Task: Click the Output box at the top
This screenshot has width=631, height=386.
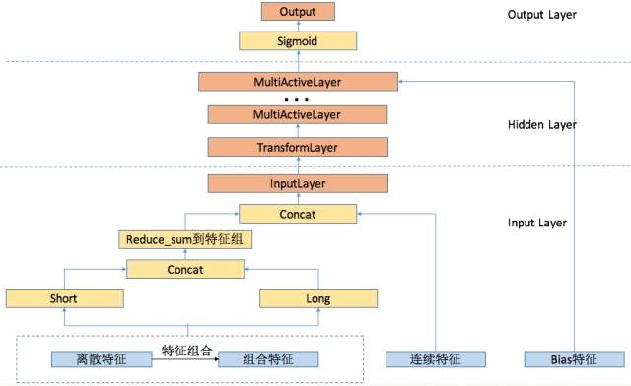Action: (298, 13)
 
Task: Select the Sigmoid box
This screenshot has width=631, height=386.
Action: (298, 41)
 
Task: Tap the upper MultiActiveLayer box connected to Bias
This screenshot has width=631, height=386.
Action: (298, 82)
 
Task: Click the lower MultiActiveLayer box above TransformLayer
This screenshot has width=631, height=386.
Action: (298, 115)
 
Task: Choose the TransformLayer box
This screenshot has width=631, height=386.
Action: (298, 147)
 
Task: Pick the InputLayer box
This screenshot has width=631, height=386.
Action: (298, 183)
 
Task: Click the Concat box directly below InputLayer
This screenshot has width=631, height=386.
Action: (298, 213)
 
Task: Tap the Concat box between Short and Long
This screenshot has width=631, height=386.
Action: (184, 269)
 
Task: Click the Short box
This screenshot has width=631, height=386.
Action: (64, 297)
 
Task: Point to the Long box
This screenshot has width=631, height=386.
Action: (318, 297)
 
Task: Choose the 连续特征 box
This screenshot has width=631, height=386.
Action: (436, 359)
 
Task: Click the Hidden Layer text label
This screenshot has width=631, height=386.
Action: (540, 125)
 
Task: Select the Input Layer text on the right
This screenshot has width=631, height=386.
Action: (536, 223)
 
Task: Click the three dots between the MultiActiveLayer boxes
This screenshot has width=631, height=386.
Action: (298, 99)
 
